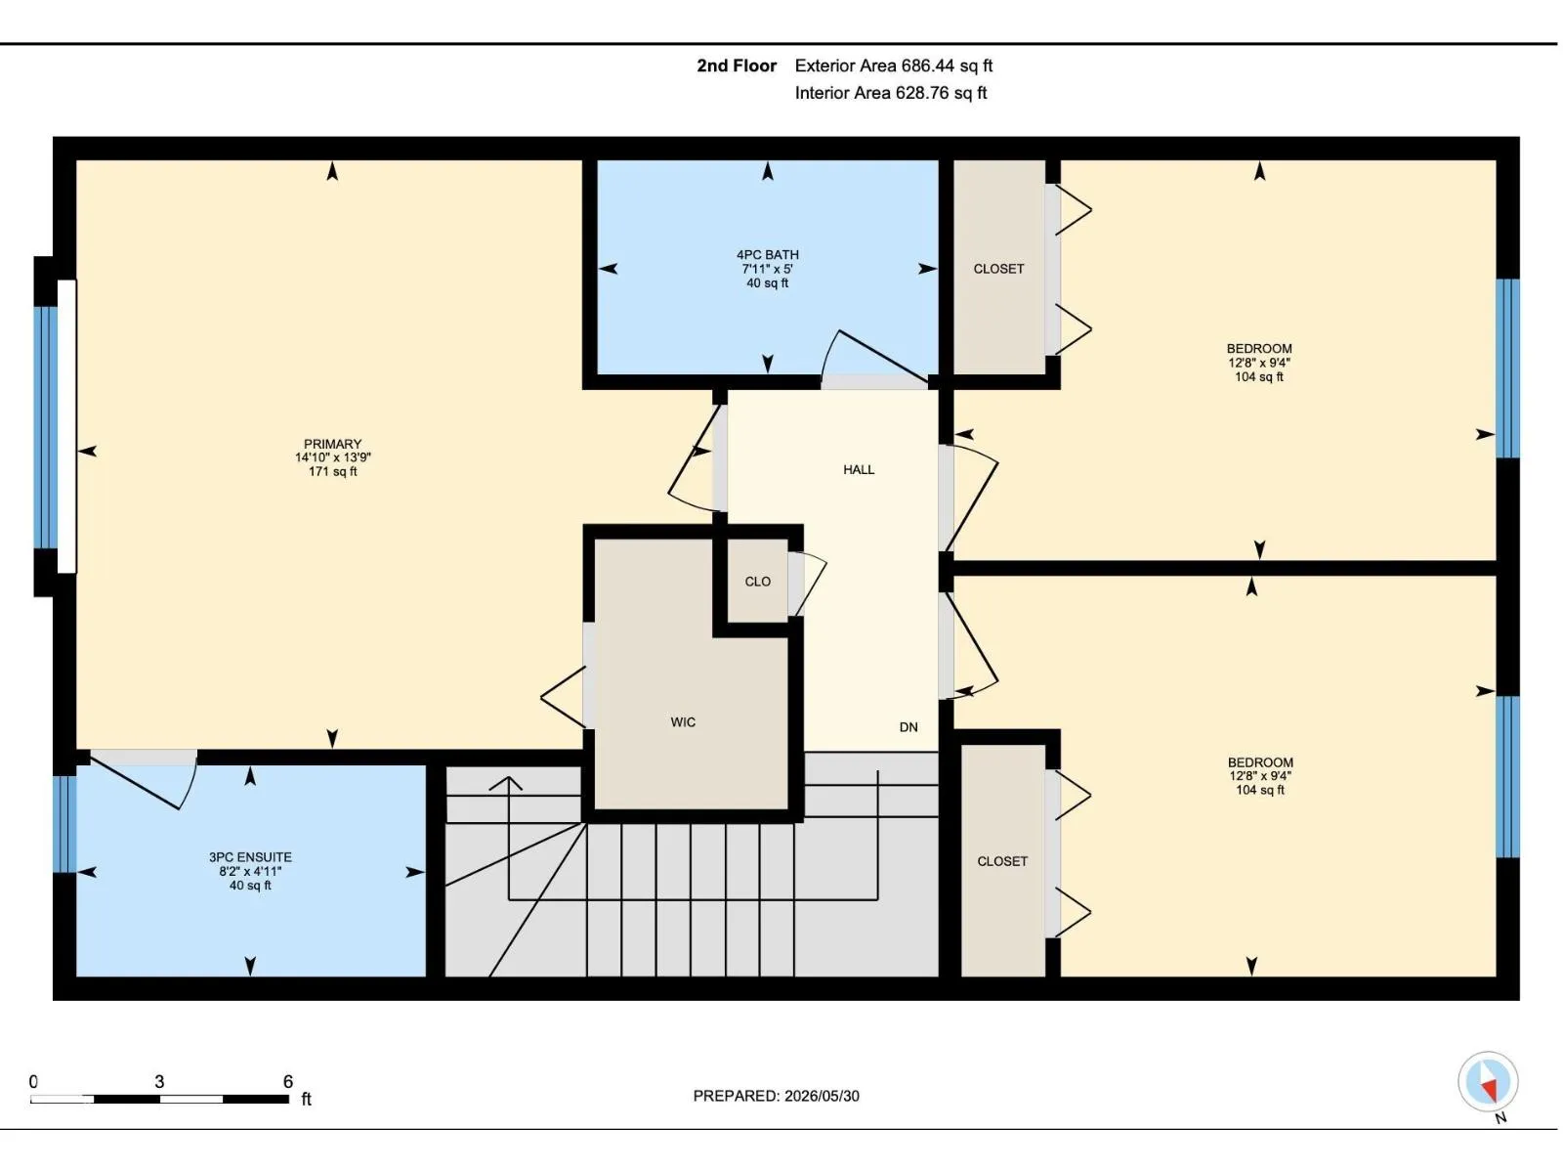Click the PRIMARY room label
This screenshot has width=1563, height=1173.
332,444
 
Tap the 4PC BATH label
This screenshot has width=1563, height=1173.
768,255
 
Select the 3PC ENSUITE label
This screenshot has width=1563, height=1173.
250,857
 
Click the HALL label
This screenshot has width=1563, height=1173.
859,470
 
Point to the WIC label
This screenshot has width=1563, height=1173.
683,722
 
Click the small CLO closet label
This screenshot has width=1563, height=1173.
758,582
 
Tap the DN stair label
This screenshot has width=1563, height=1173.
908,727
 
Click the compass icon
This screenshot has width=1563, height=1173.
1488,1081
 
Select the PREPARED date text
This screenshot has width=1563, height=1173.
777,1096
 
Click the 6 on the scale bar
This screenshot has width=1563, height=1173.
287,1082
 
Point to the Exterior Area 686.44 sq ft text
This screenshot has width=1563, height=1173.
894,66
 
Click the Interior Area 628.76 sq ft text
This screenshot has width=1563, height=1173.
891,93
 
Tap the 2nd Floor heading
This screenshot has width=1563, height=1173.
737,66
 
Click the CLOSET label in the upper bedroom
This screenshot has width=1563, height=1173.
999,269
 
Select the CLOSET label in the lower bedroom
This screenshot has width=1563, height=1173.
1002,862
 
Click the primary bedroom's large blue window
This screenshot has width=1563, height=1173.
46,427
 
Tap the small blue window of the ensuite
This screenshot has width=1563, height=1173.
64,824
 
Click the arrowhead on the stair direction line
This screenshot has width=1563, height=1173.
508,783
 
